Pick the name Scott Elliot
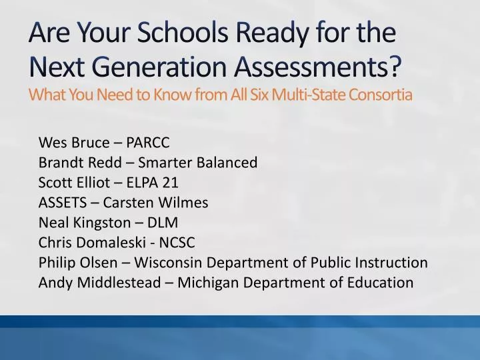pyautogui.click(x=75, y=182)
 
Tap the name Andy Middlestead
pyautogui.click(x=99, y=282)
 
